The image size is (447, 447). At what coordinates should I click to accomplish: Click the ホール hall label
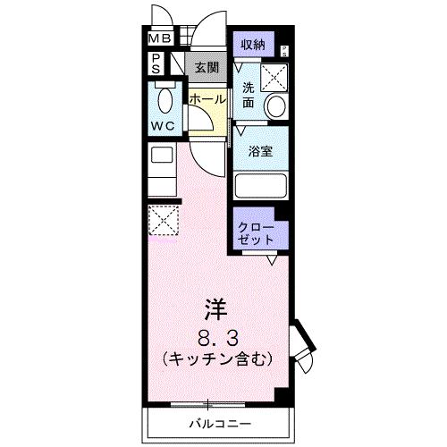tap(207, 99)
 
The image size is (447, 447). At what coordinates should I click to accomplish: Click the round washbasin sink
tap(274, 107)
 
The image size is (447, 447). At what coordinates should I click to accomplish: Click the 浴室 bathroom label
tap(260, 152)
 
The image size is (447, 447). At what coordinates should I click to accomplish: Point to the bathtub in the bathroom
tap(259, 187)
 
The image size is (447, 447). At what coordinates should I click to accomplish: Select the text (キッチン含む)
tap(216, 358)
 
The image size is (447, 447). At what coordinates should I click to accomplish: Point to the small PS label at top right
tap(284, 50)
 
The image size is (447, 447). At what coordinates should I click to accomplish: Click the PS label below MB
tap(155, 63)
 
